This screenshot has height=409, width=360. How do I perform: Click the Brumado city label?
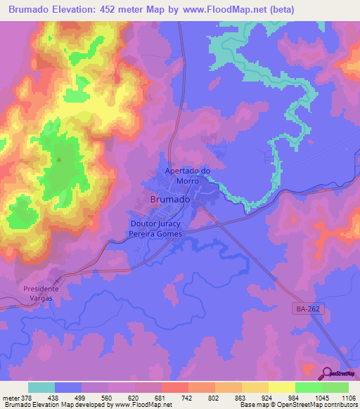pyautogui.click(x=170, y=200)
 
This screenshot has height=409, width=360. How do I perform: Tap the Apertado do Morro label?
pyautogui.click(x=188, y=176)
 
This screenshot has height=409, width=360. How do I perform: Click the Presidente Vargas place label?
pyautogui.click(x=41, y=293)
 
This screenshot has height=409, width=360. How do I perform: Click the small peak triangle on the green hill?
pyautogui.click(x=59, y=159)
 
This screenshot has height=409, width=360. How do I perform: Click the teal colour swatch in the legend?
pyautogui.click(x=41, y=387)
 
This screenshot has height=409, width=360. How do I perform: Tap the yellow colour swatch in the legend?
pyautogui.click(x=281, y=387)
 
